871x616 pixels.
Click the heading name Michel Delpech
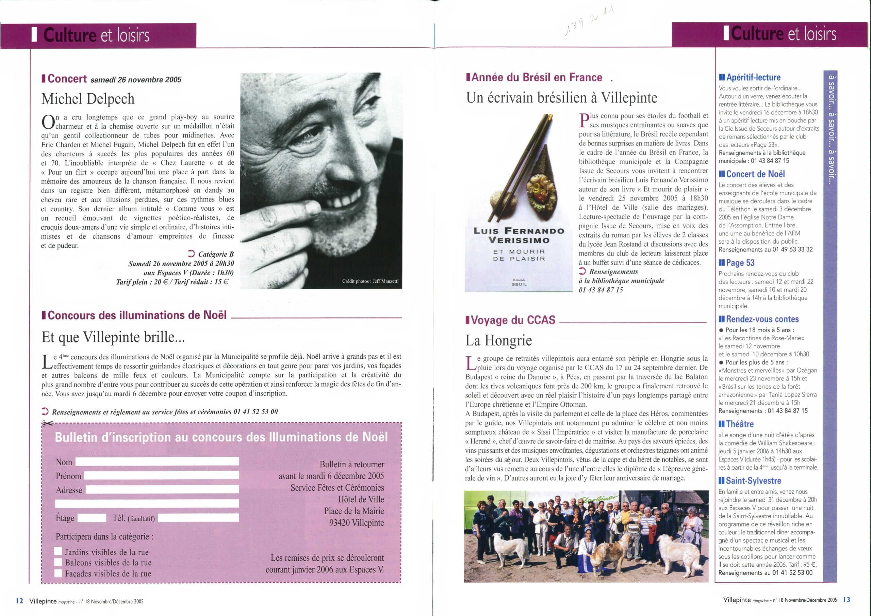tap(88, 99)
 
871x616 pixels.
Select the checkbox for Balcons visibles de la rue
tap(59, 563)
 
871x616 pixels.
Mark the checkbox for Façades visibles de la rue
tap(59, 573)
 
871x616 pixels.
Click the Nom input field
tap(157, 462)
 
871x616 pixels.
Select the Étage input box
tap(92, 518)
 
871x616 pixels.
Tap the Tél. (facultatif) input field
tap(198, 518)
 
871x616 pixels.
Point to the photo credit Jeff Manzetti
tap(370, 281)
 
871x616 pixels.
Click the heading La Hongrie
tap(498, 341)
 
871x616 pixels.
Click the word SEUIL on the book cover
tap(519, 284)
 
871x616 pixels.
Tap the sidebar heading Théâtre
tap(739, 424)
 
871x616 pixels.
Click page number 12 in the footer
tap(20, 601)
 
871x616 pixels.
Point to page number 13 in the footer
tap(847, 600)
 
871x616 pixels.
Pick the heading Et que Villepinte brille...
tap(113, 337)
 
